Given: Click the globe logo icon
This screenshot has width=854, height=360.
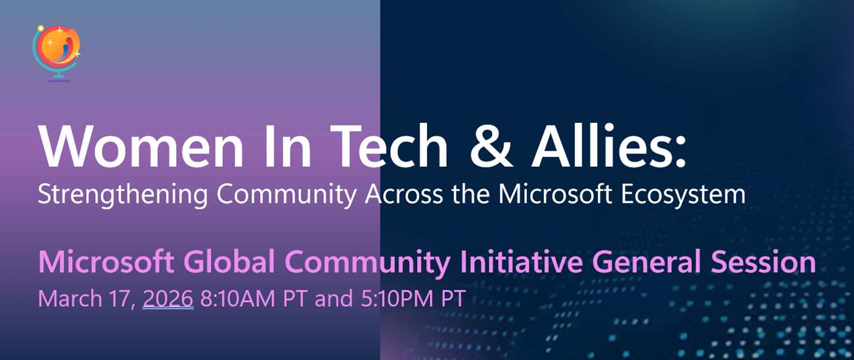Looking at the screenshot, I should pyautogui.click(x=57, y=53).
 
